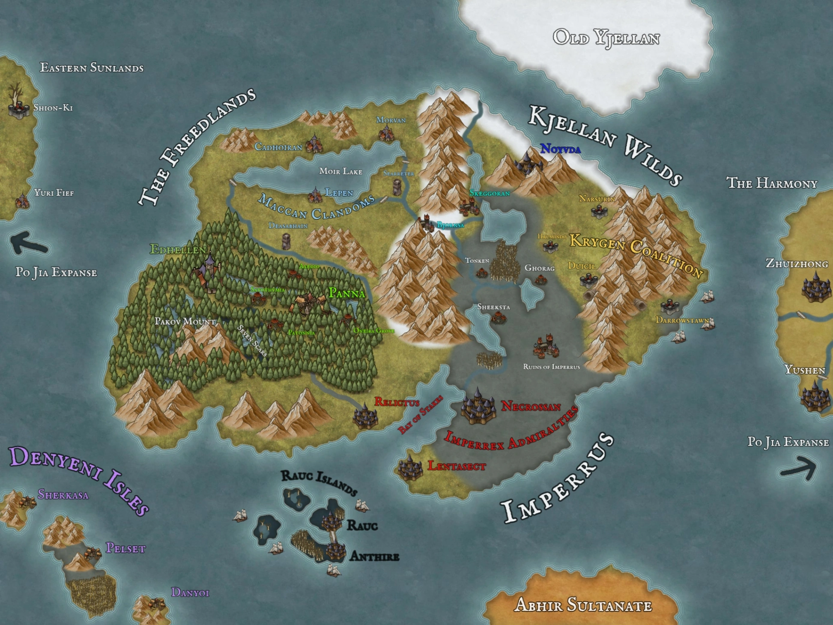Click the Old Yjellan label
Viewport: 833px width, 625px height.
606,38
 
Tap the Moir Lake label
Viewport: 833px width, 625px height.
341,171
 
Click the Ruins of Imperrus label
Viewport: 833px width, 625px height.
551,367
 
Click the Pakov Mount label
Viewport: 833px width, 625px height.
185,321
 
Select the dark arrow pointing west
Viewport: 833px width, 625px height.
28,243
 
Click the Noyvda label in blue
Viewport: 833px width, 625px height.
560,149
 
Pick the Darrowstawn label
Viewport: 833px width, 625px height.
682,320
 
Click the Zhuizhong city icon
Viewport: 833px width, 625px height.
816,287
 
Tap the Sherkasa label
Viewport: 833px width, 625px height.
63,495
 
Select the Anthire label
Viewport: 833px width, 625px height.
374,556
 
